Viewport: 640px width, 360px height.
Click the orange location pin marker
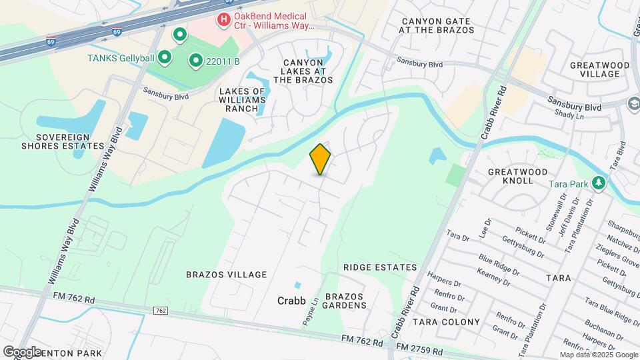point(321,159)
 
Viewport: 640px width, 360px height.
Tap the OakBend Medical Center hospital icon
point(224,21)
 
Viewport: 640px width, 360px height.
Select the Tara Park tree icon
point(599,183)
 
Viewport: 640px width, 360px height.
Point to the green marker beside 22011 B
point(196,61)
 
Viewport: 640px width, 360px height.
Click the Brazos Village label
point(226,275)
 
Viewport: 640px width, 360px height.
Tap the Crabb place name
point(291,301)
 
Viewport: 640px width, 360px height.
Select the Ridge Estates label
point(380,267)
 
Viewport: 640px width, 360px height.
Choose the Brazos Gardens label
point(346,301)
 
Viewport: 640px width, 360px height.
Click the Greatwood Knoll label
point(520,176)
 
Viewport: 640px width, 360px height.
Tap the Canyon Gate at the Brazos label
point(437,25)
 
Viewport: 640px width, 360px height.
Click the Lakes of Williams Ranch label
point(242,101)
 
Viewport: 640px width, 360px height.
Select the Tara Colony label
point(446,322)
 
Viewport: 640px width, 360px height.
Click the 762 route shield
point(160,311)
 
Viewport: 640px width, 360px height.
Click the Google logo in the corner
point(22,351)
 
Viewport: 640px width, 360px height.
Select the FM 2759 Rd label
point(419,349)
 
